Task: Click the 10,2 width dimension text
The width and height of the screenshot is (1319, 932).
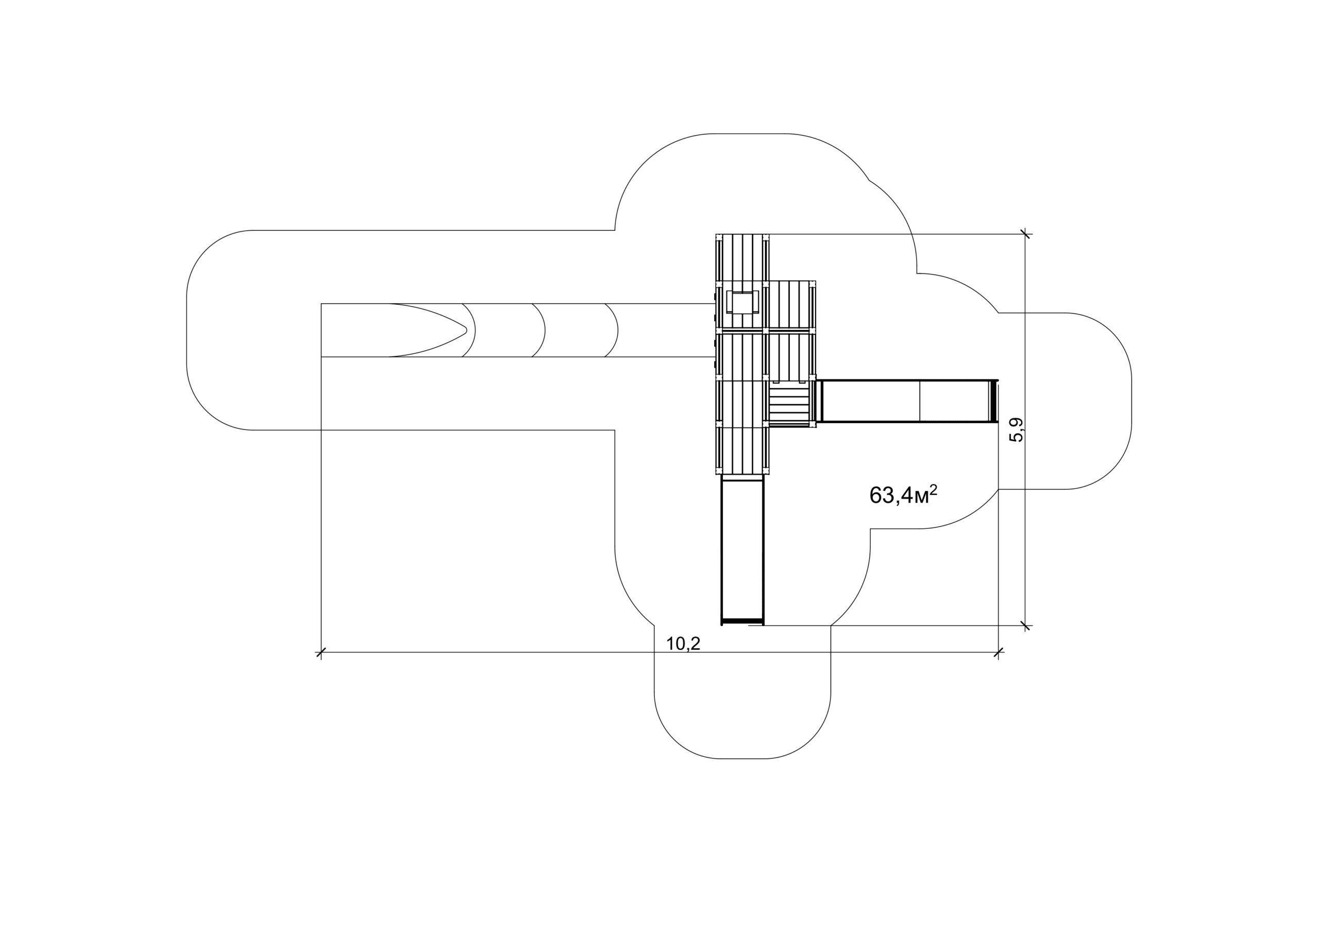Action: click(x=683, y=644)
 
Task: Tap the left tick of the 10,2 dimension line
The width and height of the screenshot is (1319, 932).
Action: click(x=321, y=652)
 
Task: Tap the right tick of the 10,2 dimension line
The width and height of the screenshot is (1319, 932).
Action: click(x=999, y=652)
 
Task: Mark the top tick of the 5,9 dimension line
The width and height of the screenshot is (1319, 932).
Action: click(x=1025, y=234)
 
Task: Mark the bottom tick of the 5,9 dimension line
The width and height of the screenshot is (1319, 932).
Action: click(x=1025, y=625)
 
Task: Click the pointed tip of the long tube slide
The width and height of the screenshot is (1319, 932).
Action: click(x=466, y=330)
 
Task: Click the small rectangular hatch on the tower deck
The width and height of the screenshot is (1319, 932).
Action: click(x=743, y=301)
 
